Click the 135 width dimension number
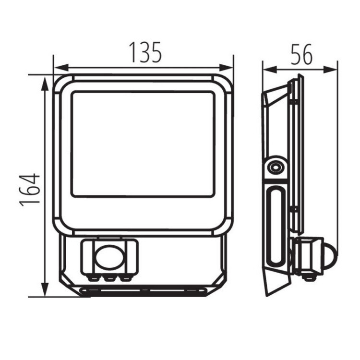point(145,53)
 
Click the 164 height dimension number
point(30,190)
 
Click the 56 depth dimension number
point(302,54)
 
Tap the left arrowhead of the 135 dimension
point(61,68)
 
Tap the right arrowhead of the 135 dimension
point(226,68)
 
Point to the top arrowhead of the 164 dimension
point(45,84)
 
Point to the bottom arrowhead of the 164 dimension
point(45,289)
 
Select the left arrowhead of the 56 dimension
point(270,69)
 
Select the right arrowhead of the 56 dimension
point(330,69)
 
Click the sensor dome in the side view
point(331,256)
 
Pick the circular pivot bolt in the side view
point(275,168)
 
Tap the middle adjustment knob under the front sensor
point(110,278)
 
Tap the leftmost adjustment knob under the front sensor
point(94,278)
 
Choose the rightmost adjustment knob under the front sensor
point(125,278)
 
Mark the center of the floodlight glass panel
point(143,144)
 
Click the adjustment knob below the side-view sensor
point(310,277)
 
